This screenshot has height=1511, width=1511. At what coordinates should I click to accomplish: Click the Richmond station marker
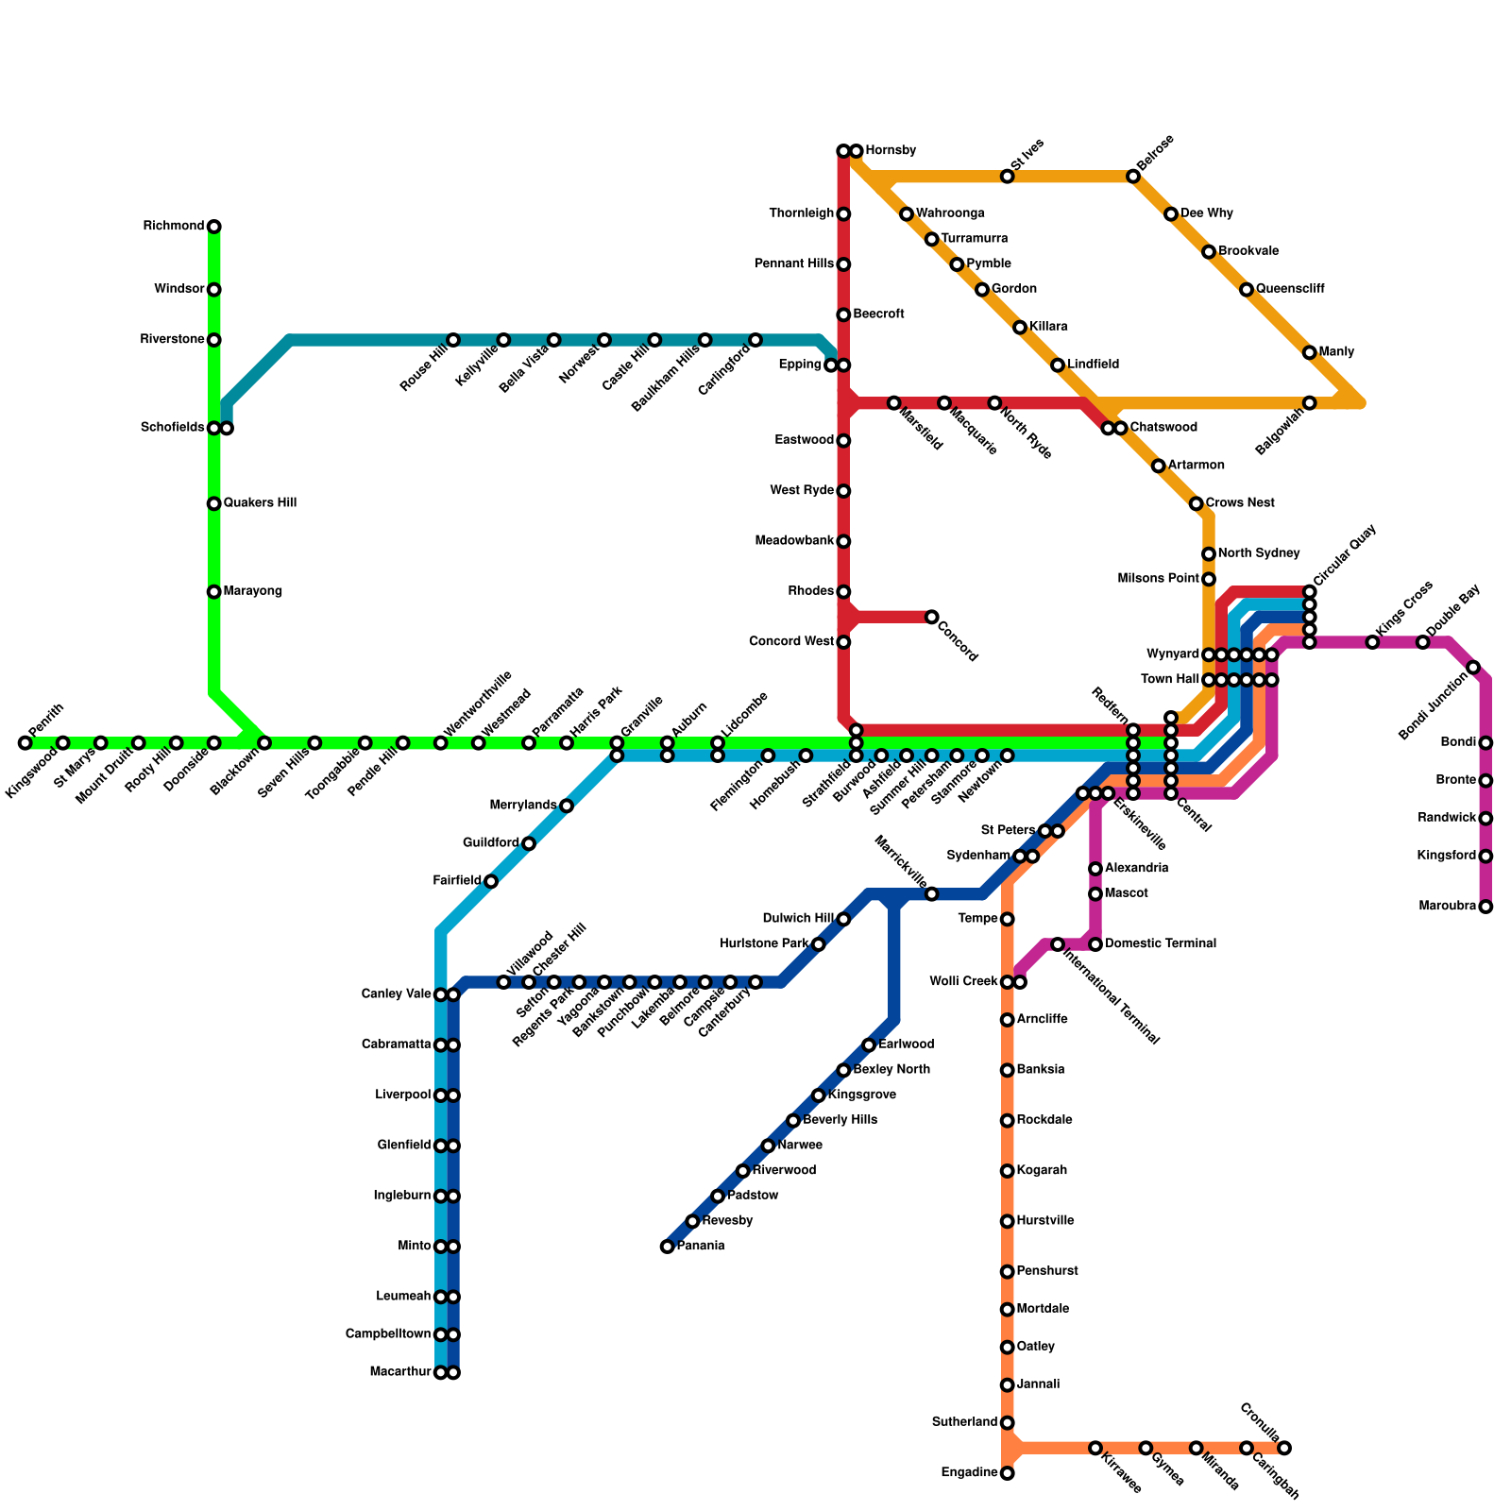click(214, 227)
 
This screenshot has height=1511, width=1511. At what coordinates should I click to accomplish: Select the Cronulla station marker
click(1284, 1448)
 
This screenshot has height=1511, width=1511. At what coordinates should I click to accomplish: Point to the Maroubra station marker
click(1486, 907)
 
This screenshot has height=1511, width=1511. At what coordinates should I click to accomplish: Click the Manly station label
click(1336, 352)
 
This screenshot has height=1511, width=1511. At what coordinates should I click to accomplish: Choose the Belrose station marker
click(1133, 177)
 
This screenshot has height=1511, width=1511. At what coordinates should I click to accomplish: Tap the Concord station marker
click(932, 617)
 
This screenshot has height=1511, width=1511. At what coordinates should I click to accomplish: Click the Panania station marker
click(668, 1247)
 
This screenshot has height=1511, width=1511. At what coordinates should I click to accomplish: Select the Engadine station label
click(969, 1473)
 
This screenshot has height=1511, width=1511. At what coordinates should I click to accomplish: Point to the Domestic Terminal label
click(1160, 944)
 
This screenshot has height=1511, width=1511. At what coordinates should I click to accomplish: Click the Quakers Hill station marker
click(214, 503)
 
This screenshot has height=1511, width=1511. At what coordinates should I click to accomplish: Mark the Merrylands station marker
click(567, 806)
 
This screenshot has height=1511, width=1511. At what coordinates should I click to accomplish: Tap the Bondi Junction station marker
click(1473, 668)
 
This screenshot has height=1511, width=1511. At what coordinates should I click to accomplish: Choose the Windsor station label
click(179, 289)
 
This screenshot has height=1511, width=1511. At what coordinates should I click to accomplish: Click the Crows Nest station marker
click(1197, 503)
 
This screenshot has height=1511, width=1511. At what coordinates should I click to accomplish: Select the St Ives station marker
click(1008, 177)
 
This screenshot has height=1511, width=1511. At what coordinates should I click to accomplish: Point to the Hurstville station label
click(1045, 1221)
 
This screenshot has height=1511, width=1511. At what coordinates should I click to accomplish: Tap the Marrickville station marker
click(932, 893)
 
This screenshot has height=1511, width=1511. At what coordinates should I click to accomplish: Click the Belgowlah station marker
click(1310, 403)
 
